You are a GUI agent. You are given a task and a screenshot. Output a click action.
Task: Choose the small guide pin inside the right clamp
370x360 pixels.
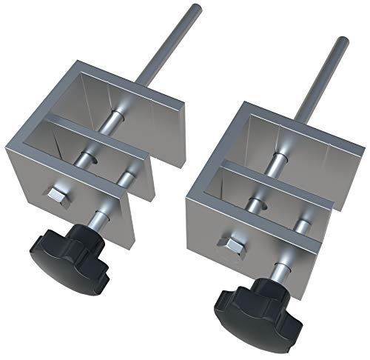301,222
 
